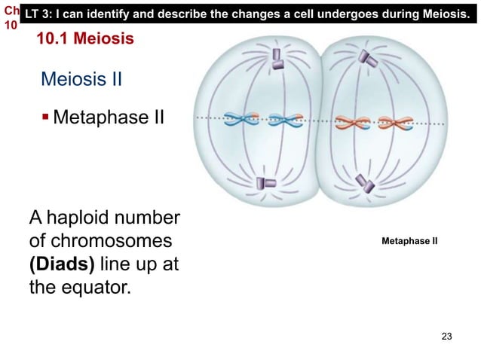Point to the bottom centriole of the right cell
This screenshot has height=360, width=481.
click(365, 182)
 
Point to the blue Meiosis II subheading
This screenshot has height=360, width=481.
click(81, 80)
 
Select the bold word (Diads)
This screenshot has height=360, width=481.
click(63, 266)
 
